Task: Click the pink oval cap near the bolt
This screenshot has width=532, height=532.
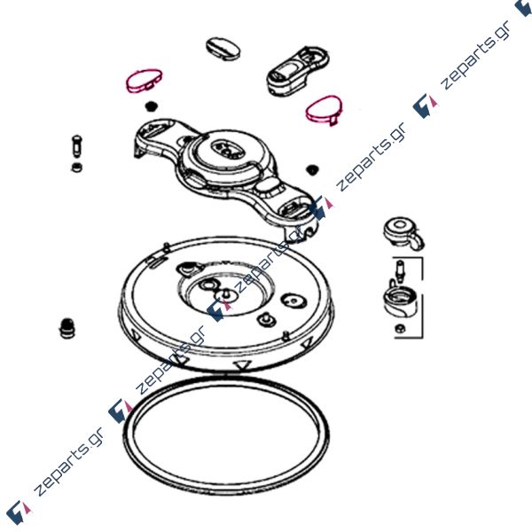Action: pyautogui.click(x=144, y=81)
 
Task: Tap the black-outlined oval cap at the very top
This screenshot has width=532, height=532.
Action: pyautogui.click(x=223, y=49)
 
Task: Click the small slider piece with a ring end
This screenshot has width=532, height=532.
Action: pyautogui.click(x=298, y=70)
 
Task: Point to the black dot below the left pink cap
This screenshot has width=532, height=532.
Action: pyautogui.click(x=151, y=106)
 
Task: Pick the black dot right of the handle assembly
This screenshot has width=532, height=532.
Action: pyautogui.click(x=311, y=169)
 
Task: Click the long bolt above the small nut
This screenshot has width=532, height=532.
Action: pyautogui.click(x=76, y=146)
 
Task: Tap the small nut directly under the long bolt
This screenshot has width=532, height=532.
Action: pyautogui.click(x=77, y=168)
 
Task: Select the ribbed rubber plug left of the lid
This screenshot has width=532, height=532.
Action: pyautogui.click(x=66, y=327)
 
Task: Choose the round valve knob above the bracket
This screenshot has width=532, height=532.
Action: pyautogui.click(x=403, y=233)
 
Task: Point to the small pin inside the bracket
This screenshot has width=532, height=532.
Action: pyautogui.click(x=400, y=270)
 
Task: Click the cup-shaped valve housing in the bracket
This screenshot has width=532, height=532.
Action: pyautogui.click(x=401, y=301)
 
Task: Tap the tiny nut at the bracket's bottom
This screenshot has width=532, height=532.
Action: pyautogui.click(x=399, y=328)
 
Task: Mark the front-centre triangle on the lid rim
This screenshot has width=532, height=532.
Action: pyautogui.click(x=241, y=365)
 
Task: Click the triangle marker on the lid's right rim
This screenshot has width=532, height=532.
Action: pyautogui.click(x=308, y=343)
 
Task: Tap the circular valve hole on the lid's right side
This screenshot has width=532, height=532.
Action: pyautogui.click(x=293, y=301)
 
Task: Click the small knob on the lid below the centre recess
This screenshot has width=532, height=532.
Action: pyautogui.click(x=267, y=319)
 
